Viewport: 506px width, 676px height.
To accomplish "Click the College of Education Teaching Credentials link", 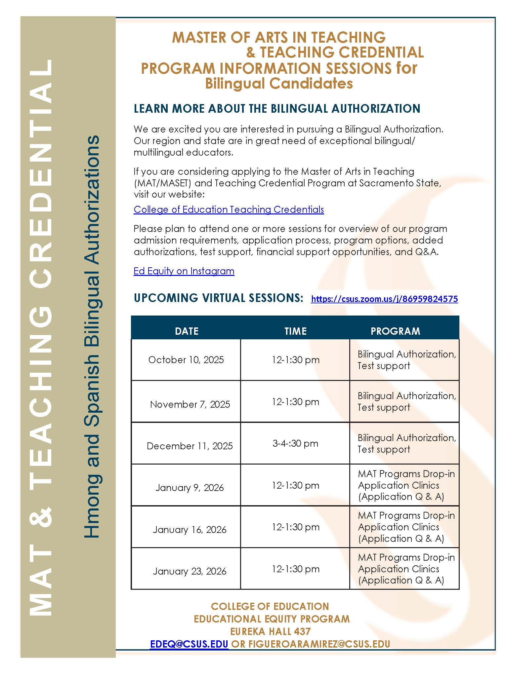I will coord(229,209).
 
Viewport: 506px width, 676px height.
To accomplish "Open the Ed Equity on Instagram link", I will coord(184,271).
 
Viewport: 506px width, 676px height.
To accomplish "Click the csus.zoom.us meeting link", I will coord(384,299).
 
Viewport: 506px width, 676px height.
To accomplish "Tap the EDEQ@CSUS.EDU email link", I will coord(189,644).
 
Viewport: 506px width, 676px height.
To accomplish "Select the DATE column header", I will coord(187,331).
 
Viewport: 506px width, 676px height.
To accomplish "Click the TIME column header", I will coord(295,331).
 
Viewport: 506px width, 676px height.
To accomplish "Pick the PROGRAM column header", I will coord(395,331).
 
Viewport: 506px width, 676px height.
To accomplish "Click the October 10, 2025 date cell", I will coord(186,360).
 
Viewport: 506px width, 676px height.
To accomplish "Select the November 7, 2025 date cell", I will coord(190,404).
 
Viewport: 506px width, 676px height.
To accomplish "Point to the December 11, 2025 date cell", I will coord(190,446).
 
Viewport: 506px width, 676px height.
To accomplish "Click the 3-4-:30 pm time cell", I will coord(295,443).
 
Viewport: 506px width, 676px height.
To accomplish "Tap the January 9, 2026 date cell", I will coord(190,488).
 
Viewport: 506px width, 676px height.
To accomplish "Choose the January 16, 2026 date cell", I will coord(190,530).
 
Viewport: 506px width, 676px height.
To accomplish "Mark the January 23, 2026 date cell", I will coord(190,571).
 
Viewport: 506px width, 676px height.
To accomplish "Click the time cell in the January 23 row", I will coord(295,569).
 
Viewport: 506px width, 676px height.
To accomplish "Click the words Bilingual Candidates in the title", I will coord(279,83).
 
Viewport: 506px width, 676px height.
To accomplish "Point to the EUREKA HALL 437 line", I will coord(270,631).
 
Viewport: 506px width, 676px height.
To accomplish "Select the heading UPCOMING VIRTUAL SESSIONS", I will coord(218,298).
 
